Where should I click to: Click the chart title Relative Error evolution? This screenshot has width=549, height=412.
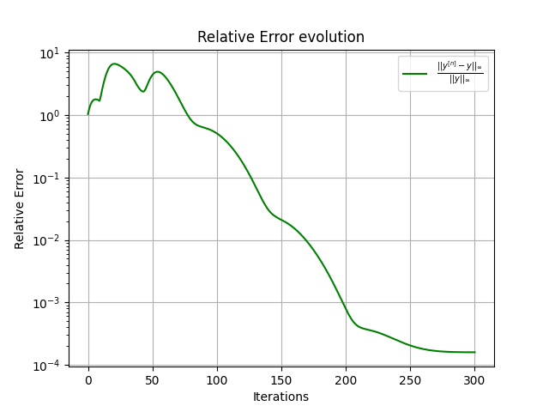281,37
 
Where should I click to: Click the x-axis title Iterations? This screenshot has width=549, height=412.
281,397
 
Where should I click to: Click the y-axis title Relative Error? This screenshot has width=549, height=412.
20,209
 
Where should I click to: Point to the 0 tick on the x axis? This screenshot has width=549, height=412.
88,379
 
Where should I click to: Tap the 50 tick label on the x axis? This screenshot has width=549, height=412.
153,379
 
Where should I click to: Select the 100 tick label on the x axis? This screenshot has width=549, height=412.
217,379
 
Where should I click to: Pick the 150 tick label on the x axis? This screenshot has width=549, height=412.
281,379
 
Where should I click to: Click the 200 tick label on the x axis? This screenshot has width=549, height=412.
346,379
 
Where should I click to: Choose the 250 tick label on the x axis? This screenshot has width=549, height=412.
410,379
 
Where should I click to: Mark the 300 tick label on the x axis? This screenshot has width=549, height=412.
474,379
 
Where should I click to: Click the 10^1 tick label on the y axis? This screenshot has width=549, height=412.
50,53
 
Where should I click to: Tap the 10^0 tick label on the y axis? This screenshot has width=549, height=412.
50,115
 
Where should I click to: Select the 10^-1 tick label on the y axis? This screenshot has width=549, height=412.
48,178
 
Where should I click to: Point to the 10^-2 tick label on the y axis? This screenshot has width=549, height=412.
48,240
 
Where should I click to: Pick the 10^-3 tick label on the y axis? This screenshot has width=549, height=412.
48,303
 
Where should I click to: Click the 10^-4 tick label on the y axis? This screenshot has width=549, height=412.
48,366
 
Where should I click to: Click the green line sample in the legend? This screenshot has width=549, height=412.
415,74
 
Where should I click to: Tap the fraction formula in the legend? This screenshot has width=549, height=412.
460,74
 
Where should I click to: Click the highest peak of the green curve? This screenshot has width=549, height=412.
114,64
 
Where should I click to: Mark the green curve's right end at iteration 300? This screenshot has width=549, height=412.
474,352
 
